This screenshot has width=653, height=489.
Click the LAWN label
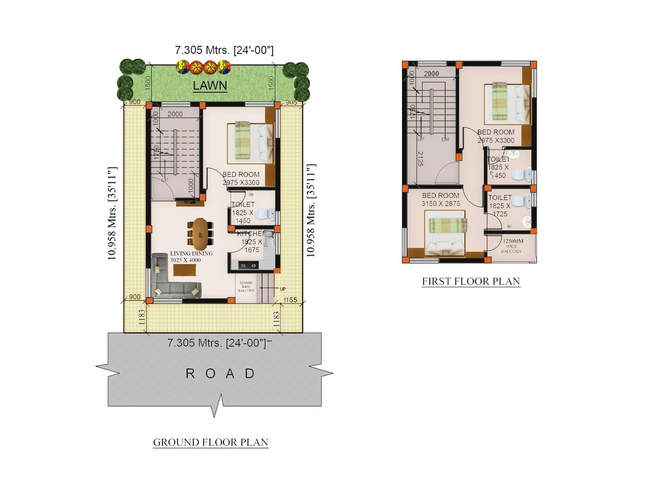tap(210, 86)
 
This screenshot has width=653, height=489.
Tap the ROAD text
tap(220, 373)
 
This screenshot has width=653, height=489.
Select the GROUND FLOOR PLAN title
tap(211, 442)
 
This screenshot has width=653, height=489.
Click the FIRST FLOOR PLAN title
tap(471, 281)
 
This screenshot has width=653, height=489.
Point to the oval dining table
tap(200, 234)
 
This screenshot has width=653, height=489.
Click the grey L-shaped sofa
tap(171, 281)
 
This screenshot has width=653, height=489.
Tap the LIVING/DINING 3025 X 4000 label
tap(191, 257)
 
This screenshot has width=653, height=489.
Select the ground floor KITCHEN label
tap(251, 233)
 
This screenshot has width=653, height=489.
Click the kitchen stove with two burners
tap(248, 266)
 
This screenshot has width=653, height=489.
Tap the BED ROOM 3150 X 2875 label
tap(440, 200)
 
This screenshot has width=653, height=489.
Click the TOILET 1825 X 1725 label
tap(500, 205)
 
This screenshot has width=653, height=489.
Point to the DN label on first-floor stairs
tap(445, 139)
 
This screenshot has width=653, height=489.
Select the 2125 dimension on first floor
tap(420, 159)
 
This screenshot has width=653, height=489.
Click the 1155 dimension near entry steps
tap(290, 300)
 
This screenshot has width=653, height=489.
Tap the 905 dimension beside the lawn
tap(291, 102)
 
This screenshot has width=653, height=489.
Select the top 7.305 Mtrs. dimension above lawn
tap(224, 50)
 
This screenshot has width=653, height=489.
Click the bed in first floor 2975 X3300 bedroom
tap(507, 104)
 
